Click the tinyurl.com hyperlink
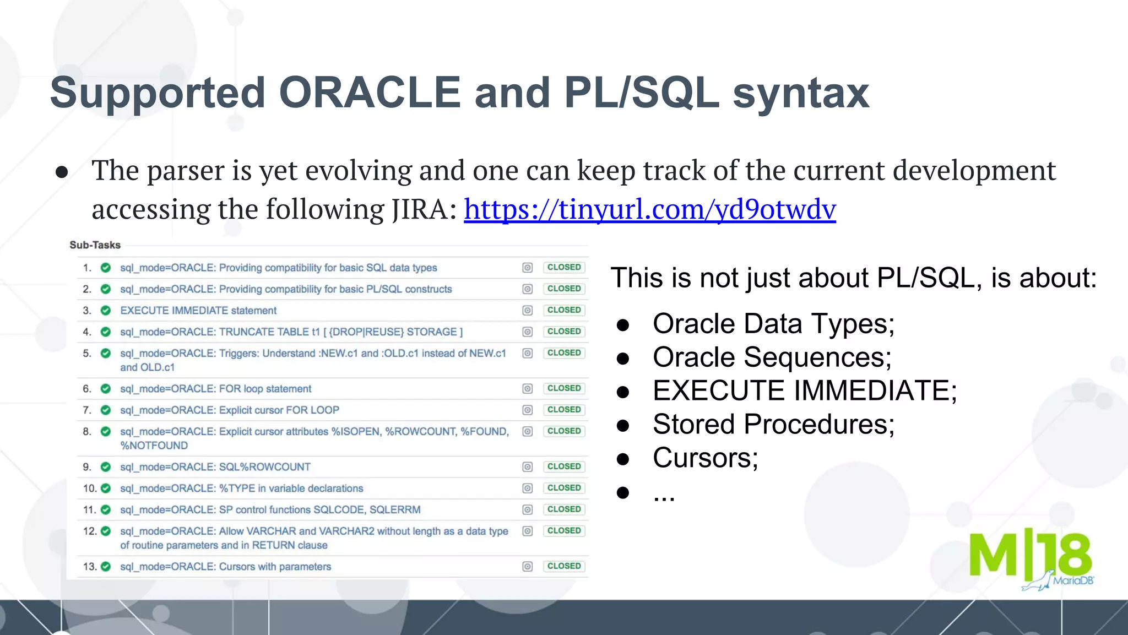(x=649, y=210)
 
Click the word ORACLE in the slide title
(x=370, y=93)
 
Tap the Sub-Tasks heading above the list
(x=95, y=245)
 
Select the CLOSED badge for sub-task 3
(x=563, y=310)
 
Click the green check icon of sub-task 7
(x=106, y=410)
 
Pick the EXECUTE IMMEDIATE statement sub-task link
(x=198, y=311)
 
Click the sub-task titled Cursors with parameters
(x=225, y=567)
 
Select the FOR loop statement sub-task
(x=215, y=389)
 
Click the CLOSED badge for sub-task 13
(x=563, y=566)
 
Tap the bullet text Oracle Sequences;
(x=772, y=357)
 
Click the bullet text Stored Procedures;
(x=773, y=425)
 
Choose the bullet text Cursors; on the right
(x=705, y=458)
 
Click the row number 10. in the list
(x=89, y=489)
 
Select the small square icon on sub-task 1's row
(x=527, y=268)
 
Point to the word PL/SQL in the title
(x=642, y=93)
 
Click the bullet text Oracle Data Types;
(x=773, y=324)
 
